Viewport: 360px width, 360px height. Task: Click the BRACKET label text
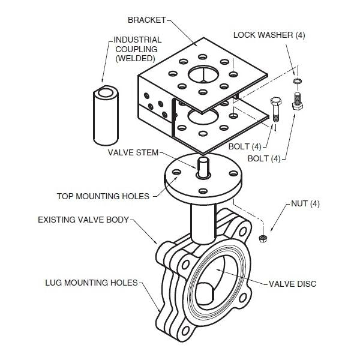point(146,20)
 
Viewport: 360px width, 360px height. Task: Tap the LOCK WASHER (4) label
point(269,35)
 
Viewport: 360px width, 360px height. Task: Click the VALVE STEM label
point(133,152)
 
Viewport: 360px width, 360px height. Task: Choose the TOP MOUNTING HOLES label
point(103,196)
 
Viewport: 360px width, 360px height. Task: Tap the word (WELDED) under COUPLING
point(135,58)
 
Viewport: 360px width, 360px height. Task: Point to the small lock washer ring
point(296,80)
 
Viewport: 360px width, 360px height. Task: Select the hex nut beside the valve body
point(262,239)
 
